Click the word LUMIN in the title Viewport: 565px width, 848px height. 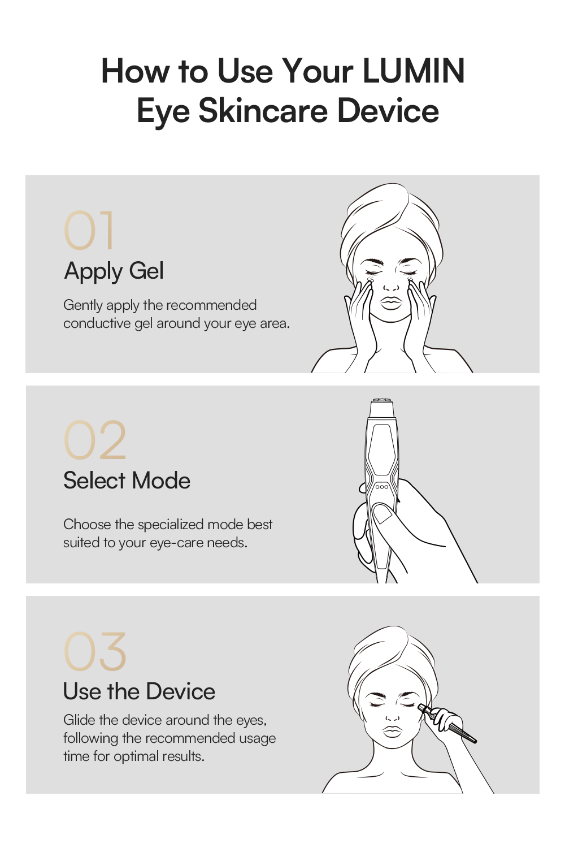click(x=414, y=71)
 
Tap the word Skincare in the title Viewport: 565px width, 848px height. click(x=263, y=111)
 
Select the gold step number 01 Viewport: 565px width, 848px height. click(x=89, y=231)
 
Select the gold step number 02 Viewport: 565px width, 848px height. click(x=94, y=440)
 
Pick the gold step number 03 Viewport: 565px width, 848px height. click(x=94, y=651)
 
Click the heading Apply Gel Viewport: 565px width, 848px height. click(x=114, y=272)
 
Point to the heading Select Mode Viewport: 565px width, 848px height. click(x=127, y=481)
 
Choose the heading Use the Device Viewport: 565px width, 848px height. click(x=139, y=691)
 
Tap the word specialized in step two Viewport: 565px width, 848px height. click(x=171, y=525)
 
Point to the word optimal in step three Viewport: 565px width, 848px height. click(x=136, y=757)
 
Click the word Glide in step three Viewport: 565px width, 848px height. click(x=79, y=720)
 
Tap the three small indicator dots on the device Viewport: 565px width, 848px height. click(x=381, y=487)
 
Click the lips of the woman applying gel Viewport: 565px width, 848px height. click(x=392, y=303)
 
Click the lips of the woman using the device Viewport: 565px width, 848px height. click(x=393, y=732)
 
